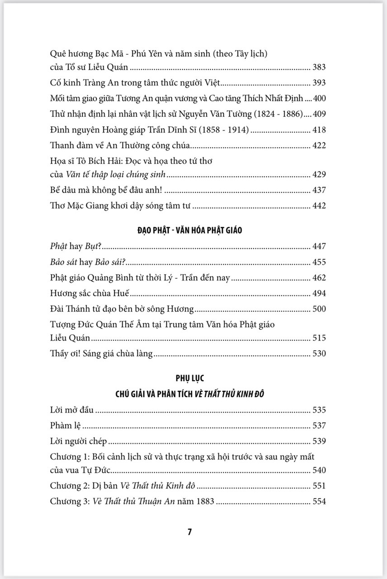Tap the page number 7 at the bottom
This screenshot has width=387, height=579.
coord(190,532)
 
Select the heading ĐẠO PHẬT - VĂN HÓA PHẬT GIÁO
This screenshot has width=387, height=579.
coord(189,230)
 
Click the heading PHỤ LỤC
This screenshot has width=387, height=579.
coord(189,378)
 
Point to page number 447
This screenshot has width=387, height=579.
coord(319,247)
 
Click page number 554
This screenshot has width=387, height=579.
coord(319,501)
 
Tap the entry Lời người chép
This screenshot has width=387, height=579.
coord(78,441)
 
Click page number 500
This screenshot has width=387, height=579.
coord(319,309)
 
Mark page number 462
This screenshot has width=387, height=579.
coord(319,278)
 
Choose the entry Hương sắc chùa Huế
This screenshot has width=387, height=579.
coord(90,294)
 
